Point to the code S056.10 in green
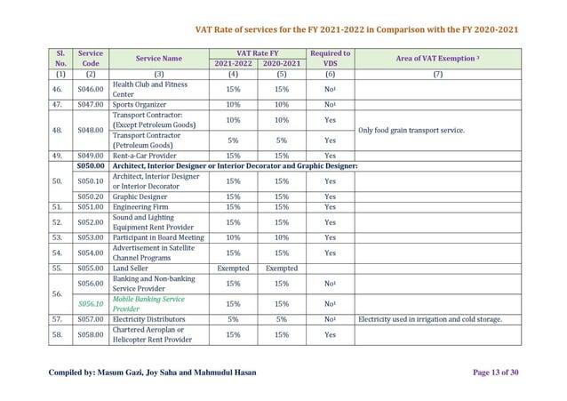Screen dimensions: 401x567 (90, 304)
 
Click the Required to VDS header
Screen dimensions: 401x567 (330, 59)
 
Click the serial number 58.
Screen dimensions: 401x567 (57, 334)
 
